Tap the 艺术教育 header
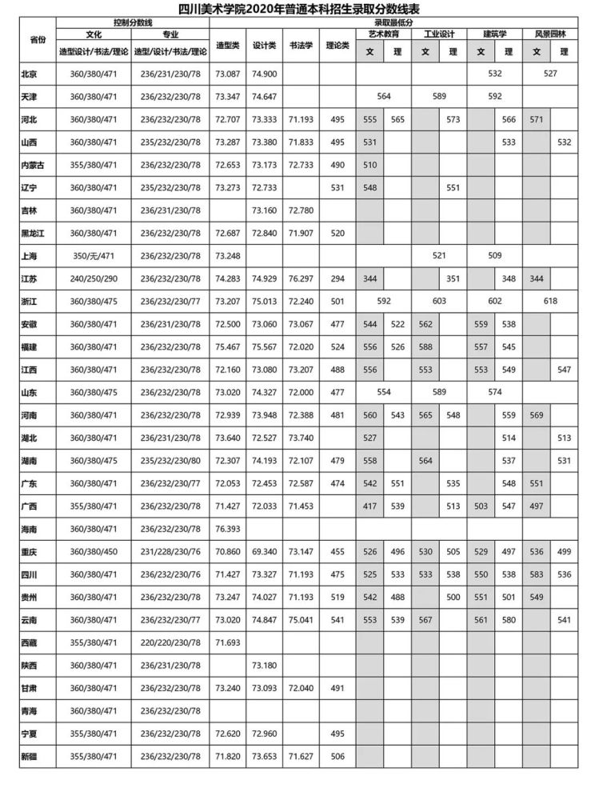pyautogui.click(x=384, y=35)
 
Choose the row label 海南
pyautogui.click(x=30, y=530)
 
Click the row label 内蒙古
pyautogui.click(x=33, y=164)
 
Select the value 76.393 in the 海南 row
pyautogui.click(x=228, y=530)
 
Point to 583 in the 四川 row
pyautogui.click(x=537, y=575)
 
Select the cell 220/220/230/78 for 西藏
pyautogui.click(x=170, y=642)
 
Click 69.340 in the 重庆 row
pyautogui.click(x=265, y=552)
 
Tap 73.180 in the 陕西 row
pyautogui.click(x=265, y=666)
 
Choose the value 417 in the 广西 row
pyautogui.click(x=369, y=507)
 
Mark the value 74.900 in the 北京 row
pyautogui.click(x=265, y=74)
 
